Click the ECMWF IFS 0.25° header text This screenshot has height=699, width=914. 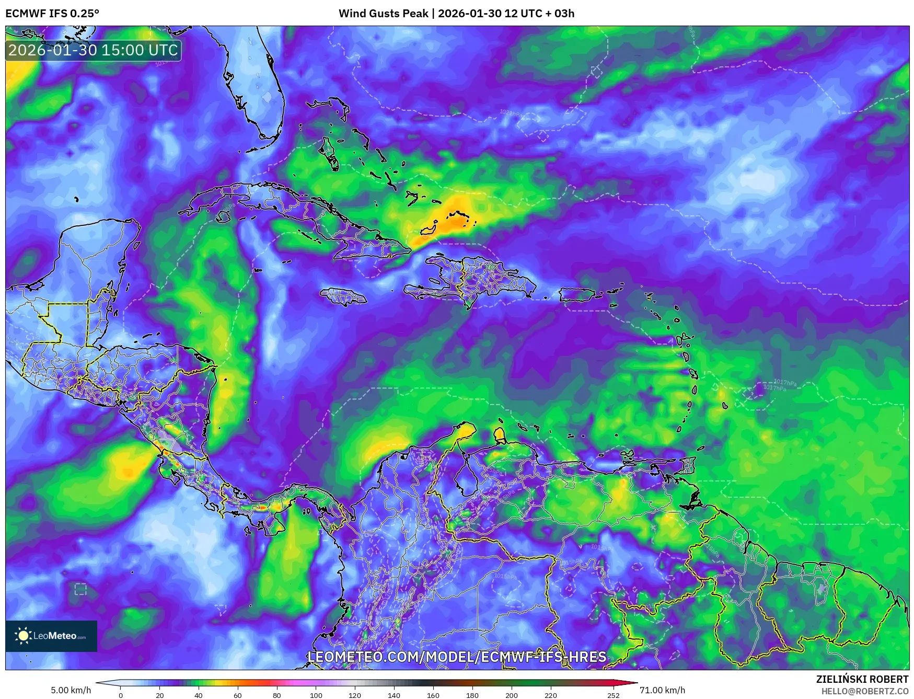tap(52, 14)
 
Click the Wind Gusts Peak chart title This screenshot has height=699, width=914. tap(456, 14)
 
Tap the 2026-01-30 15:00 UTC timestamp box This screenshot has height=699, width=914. tap(93, 50)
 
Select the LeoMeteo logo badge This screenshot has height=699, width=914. tap(51, 636)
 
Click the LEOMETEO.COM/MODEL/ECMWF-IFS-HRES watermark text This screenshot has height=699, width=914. tap(457, 657)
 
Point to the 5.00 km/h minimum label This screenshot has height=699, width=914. tap(71, 690)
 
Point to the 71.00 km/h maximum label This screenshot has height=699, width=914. tap(662, 690)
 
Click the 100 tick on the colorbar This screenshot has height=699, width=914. tap(316, 695)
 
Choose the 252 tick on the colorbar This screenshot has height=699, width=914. tap(614, 695)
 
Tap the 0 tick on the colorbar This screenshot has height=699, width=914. tap(121, 695)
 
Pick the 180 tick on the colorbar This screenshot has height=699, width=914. tap(472, 695)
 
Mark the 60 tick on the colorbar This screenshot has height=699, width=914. tap(238, 695)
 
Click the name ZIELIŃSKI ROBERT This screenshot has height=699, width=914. tap(862, 679)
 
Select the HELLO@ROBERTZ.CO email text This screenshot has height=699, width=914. tap(864, 691)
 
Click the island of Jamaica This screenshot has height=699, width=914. tap(343, 297)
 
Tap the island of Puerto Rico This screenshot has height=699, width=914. tap(577, 295)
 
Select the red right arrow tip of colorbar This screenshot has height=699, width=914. tap(633, 683)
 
